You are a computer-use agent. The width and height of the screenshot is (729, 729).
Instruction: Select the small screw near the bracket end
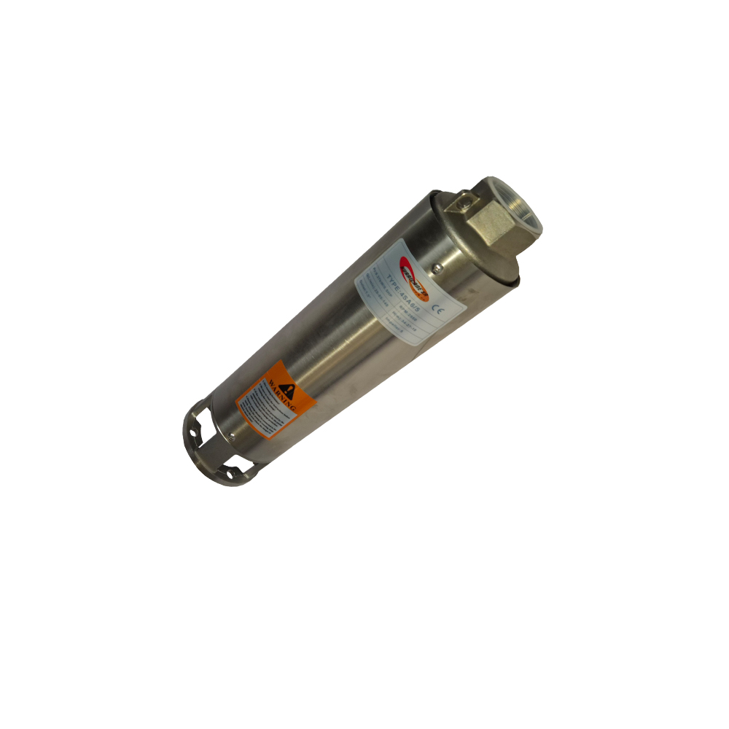pyautogui.click(x=232, y=435)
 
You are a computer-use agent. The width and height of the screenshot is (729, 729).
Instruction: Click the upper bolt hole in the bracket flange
pyautogui.click(x=195, y=431)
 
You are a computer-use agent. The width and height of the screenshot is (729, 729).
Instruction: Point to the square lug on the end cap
pyautogui.click(x=461, y=198)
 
